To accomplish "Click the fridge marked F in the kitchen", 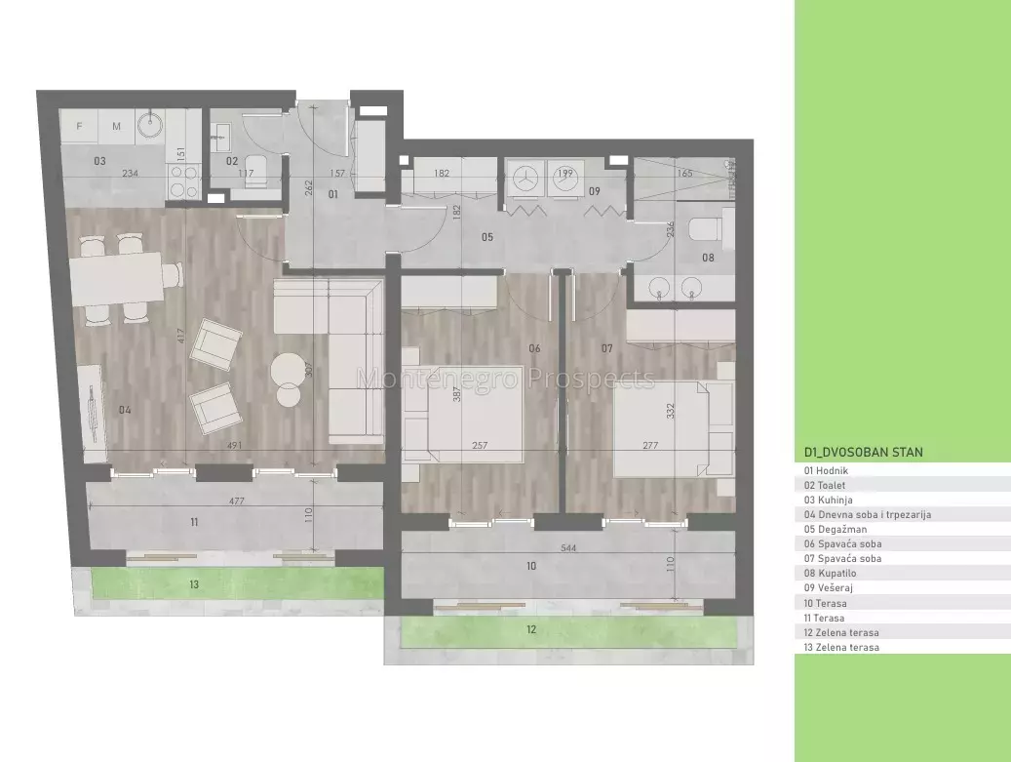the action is coord(79,127).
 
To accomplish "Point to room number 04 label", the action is coord(125,410).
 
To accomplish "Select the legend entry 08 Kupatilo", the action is coord(830,573).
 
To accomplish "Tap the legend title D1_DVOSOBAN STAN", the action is coord(864,453).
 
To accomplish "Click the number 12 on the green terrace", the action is coord(531,629).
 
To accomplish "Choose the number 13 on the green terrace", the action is coord(194,584).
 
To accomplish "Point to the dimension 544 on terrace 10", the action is coord(568,547).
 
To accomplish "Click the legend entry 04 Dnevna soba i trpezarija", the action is coord(868,514).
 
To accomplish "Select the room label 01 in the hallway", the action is coord(332,193).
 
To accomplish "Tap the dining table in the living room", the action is coord(117,277).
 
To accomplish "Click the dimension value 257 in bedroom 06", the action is coord(480,445).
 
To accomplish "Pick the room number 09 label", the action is coord(595,191).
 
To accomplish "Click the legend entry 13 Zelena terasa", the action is coord(841,647).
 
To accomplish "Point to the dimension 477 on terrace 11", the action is coord(237,501).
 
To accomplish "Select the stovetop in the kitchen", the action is coord(182,181).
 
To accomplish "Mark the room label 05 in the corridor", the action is coord(487,237).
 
